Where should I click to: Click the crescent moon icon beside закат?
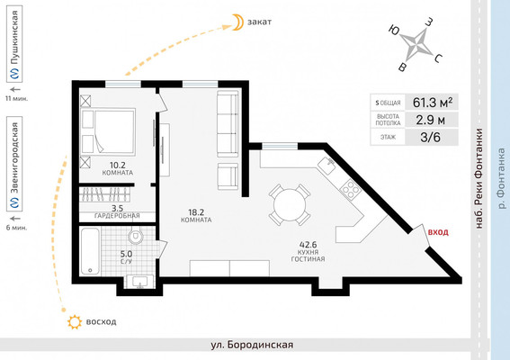point(237,22)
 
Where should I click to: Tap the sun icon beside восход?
point(75,322)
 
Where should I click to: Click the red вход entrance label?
point(438,232)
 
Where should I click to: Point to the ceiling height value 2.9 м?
point(430,120)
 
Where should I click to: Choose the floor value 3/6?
point(430,137)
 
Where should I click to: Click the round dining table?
point(290,205)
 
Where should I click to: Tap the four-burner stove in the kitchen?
point(350,189)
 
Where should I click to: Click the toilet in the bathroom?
point(136,235)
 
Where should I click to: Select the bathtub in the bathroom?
point(90,251)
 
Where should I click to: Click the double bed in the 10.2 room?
point(108,131)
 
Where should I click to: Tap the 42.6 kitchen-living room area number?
point(308,245)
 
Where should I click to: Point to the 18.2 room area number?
point(196,212)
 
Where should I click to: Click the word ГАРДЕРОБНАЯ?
point(117,215)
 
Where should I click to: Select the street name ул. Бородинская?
point(252,345)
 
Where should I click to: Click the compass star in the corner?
point(416,44)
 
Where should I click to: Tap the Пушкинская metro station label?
point(14,38)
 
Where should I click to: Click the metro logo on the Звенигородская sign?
point(14,202)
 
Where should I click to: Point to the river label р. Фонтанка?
point(502,178)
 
